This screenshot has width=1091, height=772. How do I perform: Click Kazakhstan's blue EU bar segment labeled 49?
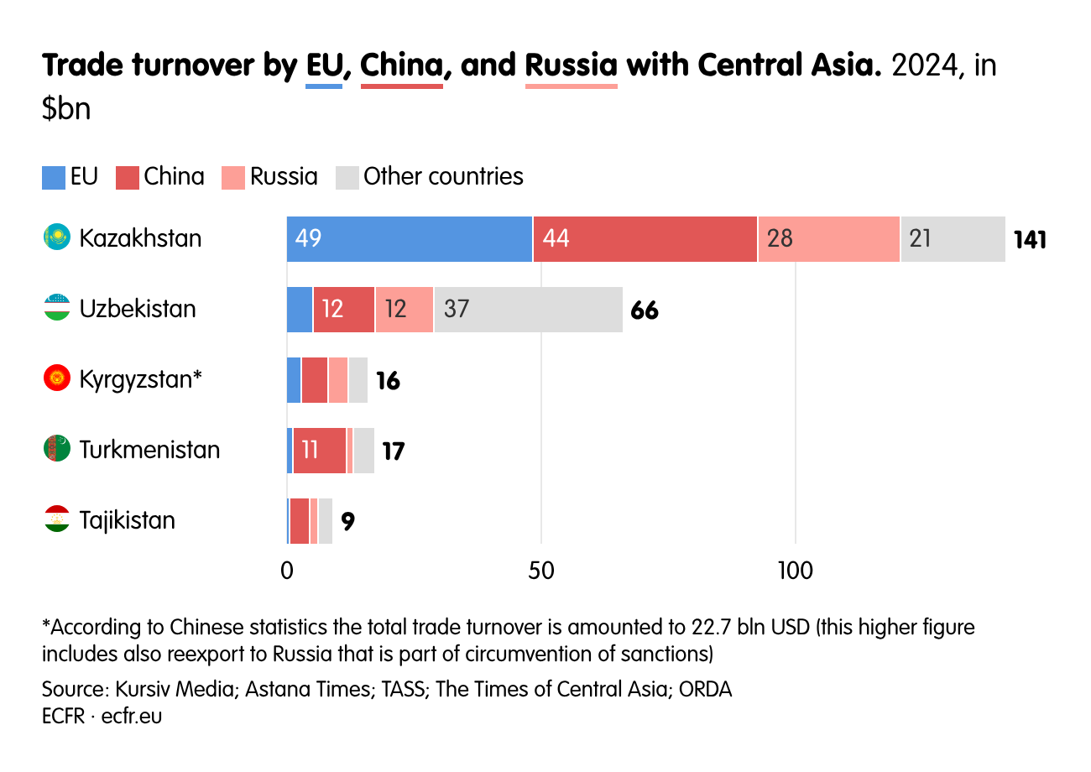click(x=409, y=239)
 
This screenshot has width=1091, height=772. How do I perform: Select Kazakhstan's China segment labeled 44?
click(x=645, y=239)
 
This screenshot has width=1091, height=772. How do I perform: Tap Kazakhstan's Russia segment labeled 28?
click(x=828, y=239)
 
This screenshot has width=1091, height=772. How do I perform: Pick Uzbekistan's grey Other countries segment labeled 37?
click(x=528, y=310)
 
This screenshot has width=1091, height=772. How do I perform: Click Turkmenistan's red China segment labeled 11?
click(x=319, y=451)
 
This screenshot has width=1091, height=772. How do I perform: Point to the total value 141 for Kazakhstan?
click(x=1030, y=240)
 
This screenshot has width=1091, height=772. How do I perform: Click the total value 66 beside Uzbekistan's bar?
click(x=645, y=310)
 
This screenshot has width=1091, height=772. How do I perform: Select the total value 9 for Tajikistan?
click(x=347, y=522)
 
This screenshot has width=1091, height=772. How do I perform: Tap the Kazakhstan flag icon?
click(x=56, y=237)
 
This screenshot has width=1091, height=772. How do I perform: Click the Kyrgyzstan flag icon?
click(x=56, y=378)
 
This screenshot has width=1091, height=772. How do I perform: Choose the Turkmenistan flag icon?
click(x=56, y=449)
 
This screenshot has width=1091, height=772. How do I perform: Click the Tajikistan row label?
click(x=128, y=520)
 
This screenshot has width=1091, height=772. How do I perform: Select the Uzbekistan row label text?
click(x=138, y=309)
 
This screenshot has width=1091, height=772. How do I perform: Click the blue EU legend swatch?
click(x=54, y=177)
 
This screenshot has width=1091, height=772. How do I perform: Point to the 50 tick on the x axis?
click(x=541, y=571)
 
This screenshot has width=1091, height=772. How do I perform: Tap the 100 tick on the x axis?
click(x=795, y=571)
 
